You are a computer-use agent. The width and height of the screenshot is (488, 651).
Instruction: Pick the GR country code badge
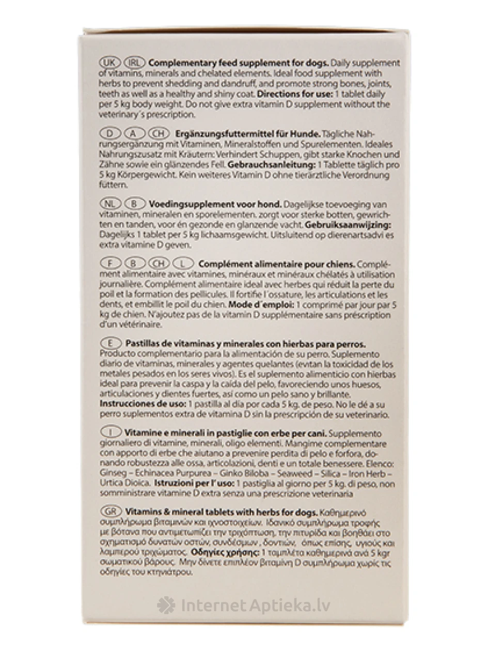coord(109,512)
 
